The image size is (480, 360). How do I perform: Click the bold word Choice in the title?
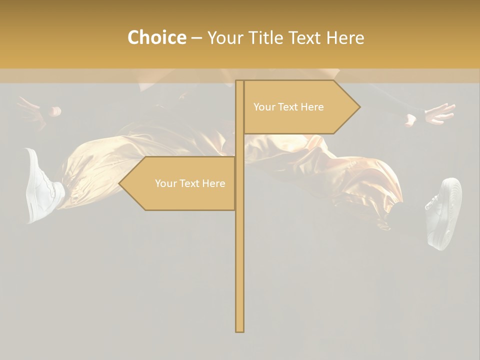[x=156, y=37]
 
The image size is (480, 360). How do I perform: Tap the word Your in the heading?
[x=225, y=37]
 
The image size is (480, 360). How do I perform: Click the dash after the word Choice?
[x=196, y=38]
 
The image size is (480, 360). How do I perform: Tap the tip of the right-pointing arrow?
[x=358, y=107]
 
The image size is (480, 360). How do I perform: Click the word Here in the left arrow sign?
[x=213, y=183]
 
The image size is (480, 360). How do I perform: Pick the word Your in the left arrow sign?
[x=165, y=183]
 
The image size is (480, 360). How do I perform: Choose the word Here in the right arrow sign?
[x=312, y=107]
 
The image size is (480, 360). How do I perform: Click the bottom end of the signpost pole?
[x=239, y=330]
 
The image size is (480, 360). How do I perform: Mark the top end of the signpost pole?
[x=239, y=82]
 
